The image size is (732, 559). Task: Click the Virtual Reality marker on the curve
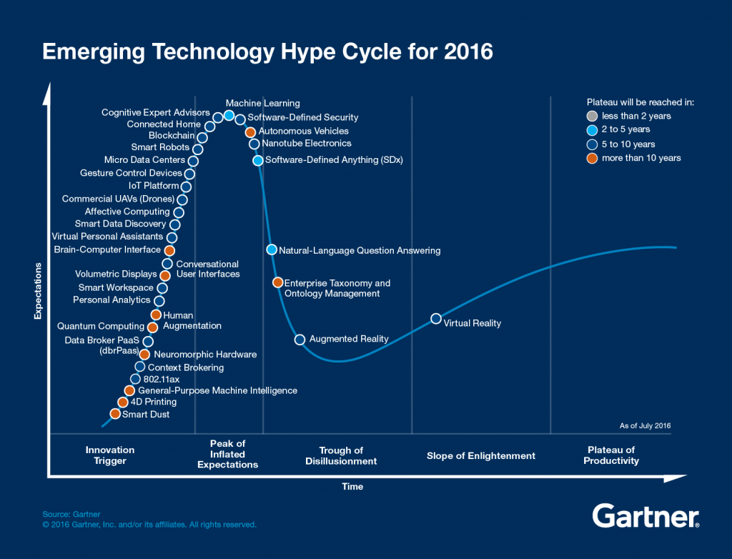coord(435,319)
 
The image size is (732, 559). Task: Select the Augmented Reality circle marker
coord(300,340)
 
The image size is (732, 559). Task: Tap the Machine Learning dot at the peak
coord(229,115)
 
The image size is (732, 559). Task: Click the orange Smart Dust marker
coord(115,414)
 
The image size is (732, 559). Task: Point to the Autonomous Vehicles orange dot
coord(250,132)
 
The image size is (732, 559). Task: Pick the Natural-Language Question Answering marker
coord(272,249)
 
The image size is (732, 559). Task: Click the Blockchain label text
coord(172,136)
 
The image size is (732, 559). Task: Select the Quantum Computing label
coord(101,327)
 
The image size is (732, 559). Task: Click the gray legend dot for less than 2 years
coord(592,116)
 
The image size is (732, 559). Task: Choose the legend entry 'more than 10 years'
coord(641,158)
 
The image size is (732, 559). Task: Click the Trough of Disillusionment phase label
coord(341,455)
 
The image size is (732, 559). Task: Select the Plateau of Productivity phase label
coord(610,455)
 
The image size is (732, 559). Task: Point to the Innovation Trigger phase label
coord(110,455)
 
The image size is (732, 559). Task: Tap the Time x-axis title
coord(352,487)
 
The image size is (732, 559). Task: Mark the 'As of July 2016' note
coord(645,426)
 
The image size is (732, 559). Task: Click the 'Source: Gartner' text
coord(71,514)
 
